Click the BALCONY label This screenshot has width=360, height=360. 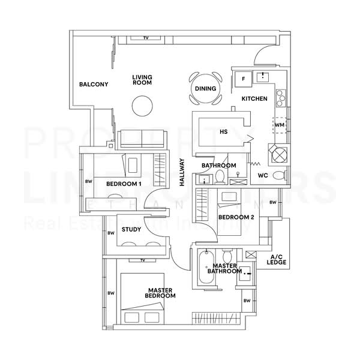(x=94, y=85)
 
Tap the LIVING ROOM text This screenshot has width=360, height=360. (x=142, y=80)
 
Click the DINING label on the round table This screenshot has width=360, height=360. (x=205, y=89)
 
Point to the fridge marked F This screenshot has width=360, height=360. (x=243, y=79)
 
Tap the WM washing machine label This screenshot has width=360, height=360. (x=279, y=125)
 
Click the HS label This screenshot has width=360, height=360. (x=223, y=131)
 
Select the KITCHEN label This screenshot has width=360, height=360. (x=254, y=98)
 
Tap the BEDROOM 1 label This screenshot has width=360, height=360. (x=124, y=184)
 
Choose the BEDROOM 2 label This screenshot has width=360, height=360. (x=236, y=217)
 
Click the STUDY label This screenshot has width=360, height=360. (x=131, y=229)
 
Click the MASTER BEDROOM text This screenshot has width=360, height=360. (x=161, y=293)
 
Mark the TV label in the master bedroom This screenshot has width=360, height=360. (x=143, y=260)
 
